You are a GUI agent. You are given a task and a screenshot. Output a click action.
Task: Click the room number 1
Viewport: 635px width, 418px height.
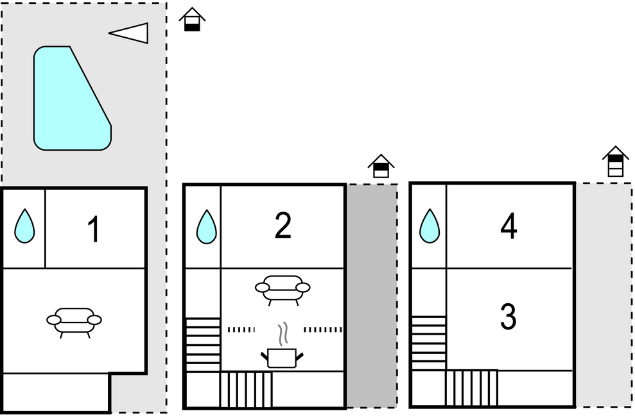coord(94,230)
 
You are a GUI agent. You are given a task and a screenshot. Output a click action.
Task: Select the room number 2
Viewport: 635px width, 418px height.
coord(283,226)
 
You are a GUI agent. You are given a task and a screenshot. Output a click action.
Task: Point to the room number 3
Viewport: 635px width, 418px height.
coord(508,317)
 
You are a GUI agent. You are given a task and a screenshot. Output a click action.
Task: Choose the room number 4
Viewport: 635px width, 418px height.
coord(509,227)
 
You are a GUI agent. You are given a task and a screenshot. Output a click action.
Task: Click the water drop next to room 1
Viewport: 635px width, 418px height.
coord(24,226)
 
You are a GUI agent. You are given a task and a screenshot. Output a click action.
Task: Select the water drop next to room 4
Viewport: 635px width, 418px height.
coord(430,226)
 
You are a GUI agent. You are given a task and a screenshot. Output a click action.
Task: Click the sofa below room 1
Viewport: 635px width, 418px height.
coord(74,321)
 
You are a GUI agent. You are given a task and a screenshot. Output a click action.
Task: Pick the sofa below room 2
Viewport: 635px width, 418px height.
coord(283,288)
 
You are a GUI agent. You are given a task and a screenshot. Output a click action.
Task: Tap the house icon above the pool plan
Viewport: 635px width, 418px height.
coord(191,20)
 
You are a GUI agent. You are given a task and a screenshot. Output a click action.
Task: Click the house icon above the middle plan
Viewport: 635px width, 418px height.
coord(381,166)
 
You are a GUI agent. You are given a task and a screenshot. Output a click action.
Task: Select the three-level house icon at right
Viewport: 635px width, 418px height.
coord(615,161)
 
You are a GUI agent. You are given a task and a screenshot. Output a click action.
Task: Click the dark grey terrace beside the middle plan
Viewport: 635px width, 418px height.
coord(372,295)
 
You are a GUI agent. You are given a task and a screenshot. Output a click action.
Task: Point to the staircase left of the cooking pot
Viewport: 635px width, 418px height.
coord(203,344)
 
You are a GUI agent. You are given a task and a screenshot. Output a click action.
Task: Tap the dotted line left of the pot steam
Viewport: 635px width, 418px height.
coord(241,330)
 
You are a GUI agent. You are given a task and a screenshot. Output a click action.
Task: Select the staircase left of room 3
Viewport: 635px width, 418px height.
coord(428,343)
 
